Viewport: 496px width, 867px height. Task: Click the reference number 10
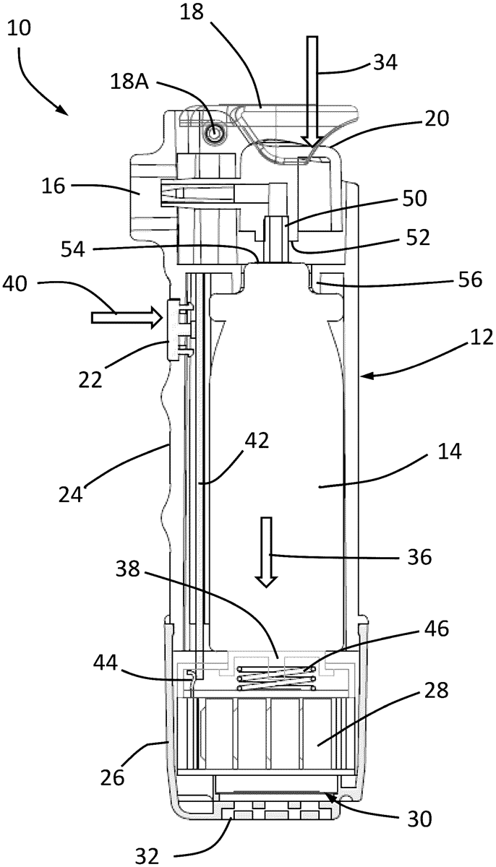[x=19, y=29]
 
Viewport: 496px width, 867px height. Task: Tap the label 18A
[x=129, y=82]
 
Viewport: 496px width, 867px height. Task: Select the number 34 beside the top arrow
[x=385, y=62]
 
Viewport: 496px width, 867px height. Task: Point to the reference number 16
[x=54, y=186]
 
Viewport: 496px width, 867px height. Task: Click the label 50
[x=415, y=198]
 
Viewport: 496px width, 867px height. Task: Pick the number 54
[x=73, y=250]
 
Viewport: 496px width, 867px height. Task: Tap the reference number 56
[x=470, y=280]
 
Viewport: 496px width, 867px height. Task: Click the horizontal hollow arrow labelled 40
[x=127, y=317]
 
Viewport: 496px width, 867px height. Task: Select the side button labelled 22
[x=174, y=329]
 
